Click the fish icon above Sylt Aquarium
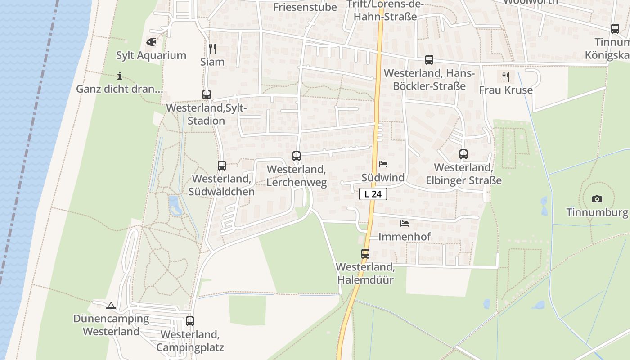click(152, 42)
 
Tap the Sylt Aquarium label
click(151, 55)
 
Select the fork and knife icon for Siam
click(212, 48)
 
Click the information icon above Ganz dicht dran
click(119, 76)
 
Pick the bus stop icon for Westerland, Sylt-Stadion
click(207, 94)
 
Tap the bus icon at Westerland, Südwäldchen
click(222, 166)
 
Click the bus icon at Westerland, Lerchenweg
click(297, 156)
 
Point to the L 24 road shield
click(373, 194)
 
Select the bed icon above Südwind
click(383, 164)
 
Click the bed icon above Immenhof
click(405, 223)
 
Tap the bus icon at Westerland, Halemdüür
click(365, 254)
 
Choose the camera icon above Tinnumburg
click(597, 199)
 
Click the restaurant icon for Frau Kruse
click(506, 76)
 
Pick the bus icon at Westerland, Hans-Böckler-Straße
click(429, 60)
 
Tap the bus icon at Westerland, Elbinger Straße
click(463, 154)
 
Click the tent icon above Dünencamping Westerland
click(111, 306)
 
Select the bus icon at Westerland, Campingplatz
click(190, 321)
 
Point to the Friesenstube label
click(305, 7)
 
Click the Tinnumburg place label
click(597, 212)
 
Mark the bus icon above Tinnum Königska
click(615, 29)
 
